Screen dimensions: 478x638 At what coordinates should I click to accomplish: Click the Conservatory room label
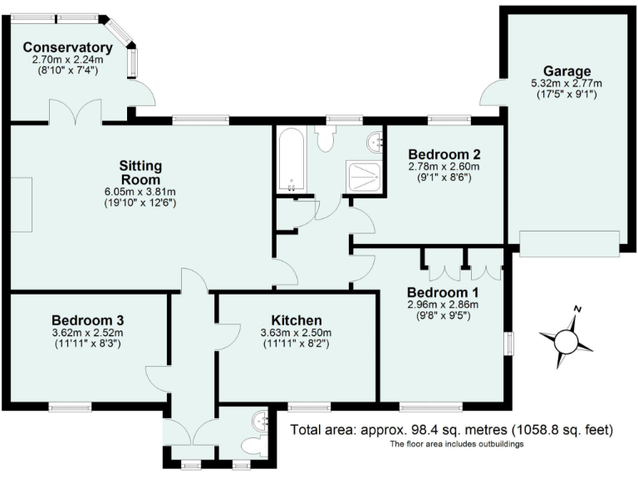pos(67,47)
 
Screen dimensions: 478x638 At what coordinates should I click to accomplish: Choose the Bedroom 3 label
pos(87,320)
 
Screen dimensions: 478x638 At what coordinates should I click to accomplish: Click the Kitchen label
pos(297,320)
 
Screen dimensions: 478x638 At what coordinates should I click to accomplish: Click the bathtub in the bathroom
pos(292,160)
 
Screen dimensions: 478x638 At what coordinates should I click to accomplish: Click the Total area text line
pos(451,430)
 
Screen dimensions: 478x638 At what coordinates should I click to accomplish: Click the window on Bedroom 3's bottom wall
pos(70,407)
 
